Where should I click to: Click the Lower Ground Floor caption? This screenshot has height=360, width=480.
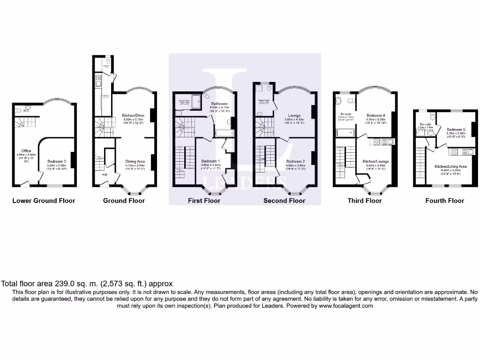[x=44, y=201]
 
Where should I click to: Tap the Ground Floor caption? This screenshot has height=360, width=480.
[x=124, y=201]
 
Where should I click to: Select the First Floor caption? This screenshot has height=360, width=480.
[x=204, y=201]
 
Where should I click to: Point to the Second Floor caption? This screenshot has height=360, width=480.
[x=284, y=201]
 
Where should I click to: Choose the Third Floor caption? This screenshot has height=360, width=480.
[x=364, y=201]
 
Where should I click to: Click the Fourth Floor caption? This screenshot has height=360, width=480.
[x=444, y=201]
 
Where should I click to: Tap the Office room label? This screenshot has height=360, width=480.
[x=26, y=150]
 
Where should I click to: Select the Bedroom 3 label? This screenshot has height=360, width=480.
[x=57, y=161]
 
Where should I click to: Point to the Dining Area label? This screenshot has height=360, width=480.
[x=135, y=161]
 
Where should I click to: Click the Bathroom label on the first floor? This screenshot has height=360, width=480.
[x=219, y=104]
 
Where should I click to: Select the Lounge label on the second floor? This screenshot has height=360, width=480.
[x=294, y=115]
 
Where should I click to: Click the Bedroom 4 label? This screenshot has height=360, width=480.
[x=376, y=115]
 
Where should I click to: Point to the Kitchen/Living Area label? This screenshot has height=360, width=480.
[x=450, y=166]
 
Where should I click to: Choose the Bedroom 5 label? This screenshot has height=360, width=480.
[x=456, y=129]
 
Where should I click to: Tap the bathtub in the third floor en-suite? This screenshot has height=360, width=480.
[x=345, y=133]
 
